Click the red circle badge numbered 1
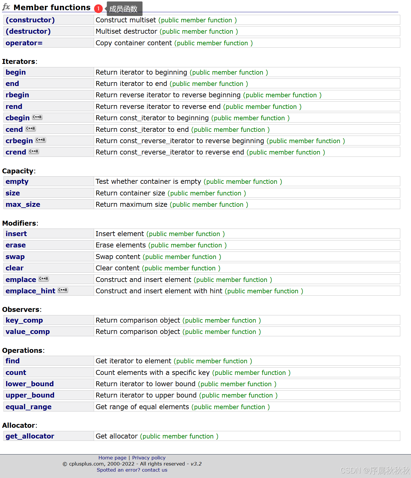[x=98, y=9]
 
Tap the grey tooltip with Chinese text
[x=124, y=9]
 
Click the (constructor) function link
[x=30, y=20]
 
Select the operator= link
[x=24, y=43]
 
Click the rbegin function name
[x=17, y=95]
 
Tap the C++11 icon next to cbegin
[x=37, y=117]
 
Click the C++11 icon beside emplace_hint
[x=63, y=290]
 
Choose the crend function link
[x=16, y=152]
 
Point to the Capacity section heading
[x=18, y=171]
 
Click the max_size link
[x=23, y=204]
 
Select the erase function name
[x=16, y=245]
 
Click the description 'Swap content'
[x=118, y=257]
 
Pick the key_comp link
[x=24, y=320]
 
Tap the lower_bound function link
[x=30, y=384]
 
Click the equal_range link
[x=28, y=407]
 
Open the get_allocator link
[x=30, y=436]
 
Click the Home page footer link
[x=112, y=458]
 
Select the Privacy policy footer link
[x=149, y=458]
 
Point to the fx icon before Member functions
[x=6, y=7]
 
